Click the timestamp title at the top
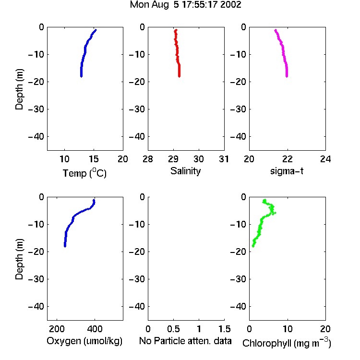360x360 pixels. [185, 5]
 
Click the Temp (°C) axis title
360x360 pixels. [84, 173]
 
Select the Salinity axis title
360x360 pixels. [185, 171]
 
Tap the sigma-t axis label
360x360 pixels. [287, 171]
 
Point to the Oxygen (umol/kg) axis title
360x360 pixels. [84, 341]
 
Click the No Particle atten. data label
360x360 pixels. [185, 341]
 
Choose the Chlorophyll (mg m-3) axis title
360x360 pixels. [287, 343]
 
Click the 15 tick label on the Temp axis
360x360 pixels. [94, 159]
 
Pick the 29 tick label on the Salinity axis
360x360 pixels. [173, 159]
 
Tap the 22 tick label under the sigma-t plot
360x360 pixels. [287, 159]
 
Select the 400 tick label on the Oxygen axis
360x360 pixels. [95, 329]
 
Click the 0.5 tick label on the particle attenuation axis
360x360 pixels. [173, 329]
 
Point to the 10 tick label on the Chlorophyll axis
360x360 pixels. [287, 329]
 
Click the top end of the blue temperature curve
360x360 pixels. [96, 30]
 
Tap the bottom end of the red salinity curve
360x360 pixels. [180, 76]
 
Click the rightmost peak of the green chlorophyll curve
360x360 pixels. [275, 213]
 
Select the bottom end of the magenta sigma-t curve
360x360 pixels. [287, 76]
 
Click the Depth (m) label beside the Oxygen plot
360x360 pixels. [19, 259]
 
